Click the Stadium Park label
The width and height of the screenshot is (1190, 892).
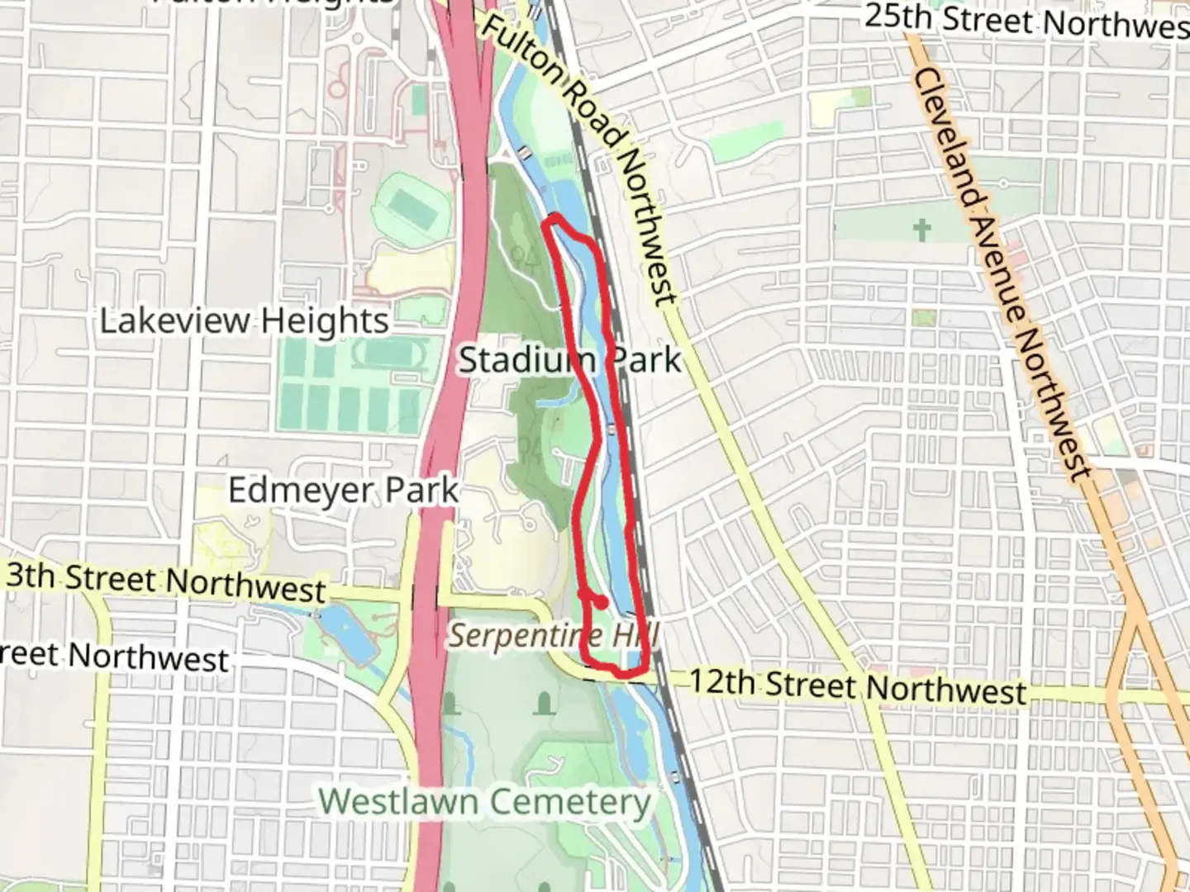point(570,360)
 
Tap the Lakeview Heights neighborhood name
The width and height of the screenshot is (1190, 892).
point(244,320)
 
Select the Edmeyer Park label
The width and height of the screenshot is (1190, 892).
point(343,490)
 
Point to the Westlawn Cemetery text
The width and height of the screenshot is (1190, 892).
point(485,801)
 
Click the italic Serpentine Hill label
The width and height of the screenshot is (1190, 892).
point(554,636)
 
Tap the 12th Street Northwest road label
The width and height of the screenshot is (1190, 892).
point(857,686)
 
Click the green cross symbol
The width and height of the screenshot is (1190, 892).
point(922,229)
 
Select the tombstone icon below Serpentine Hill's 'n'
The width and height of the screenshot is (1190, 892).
point(544,704)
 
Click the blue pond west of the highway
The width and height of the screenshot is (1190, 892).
point(341,632)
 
